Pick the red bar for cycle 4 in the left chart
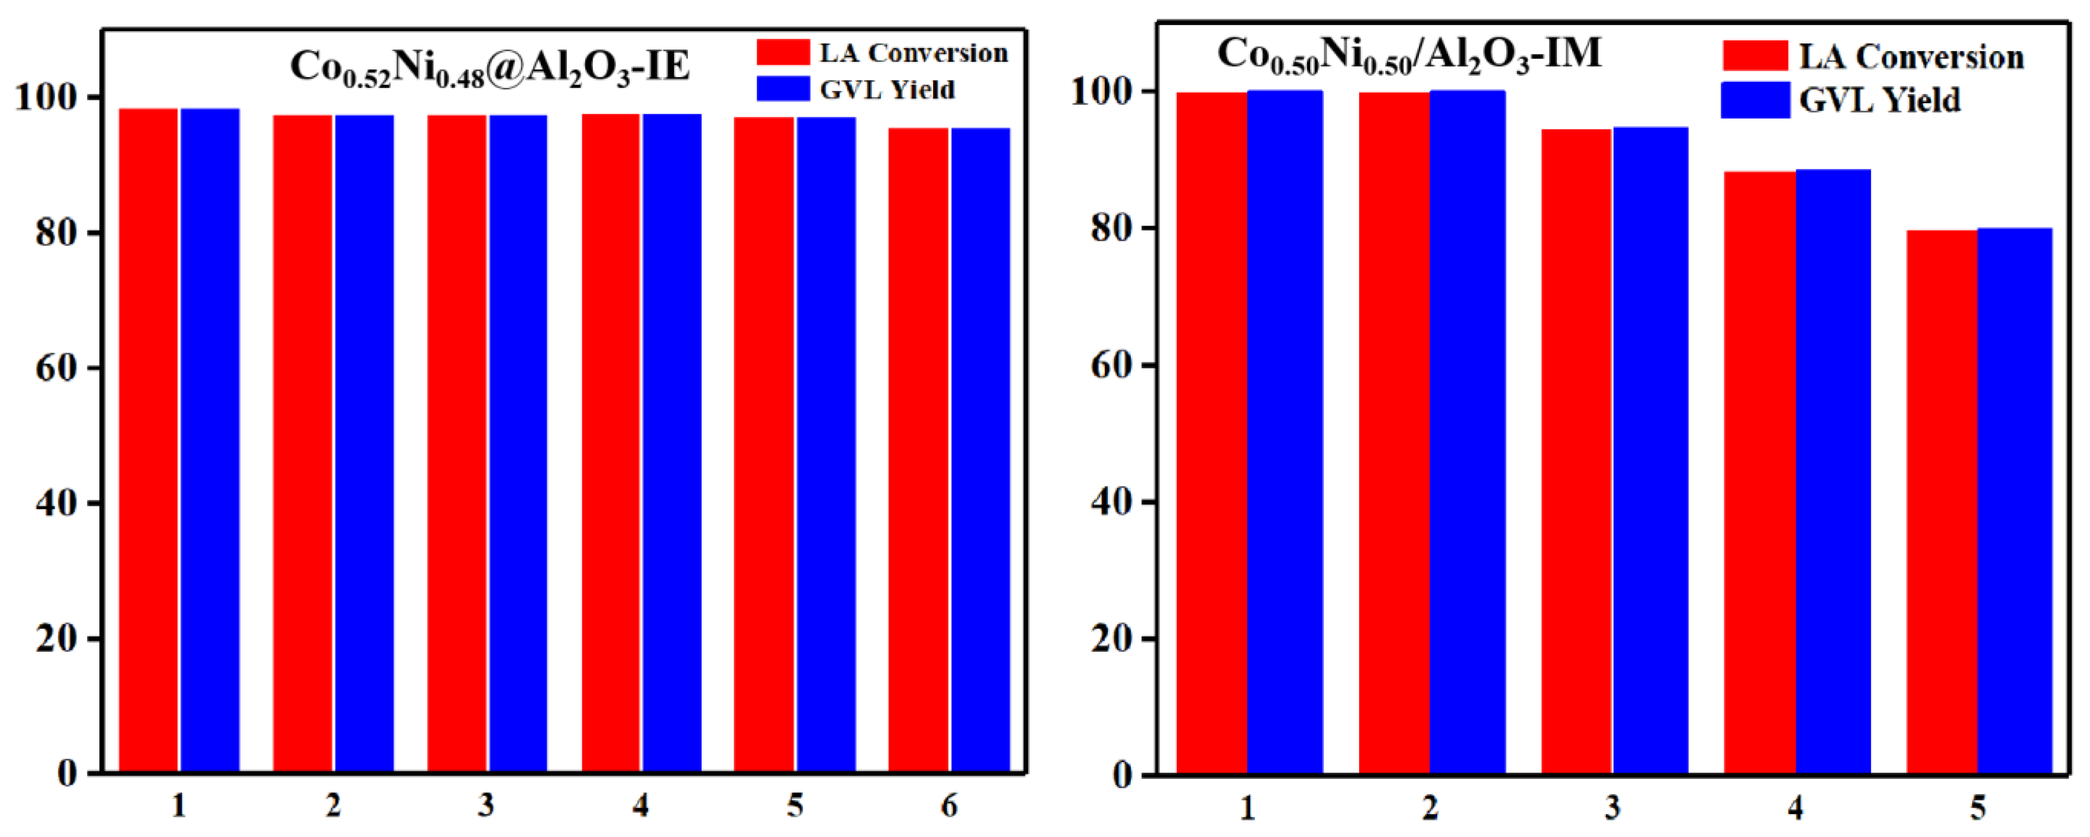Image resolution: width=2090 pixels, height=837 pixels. tap(611, 442)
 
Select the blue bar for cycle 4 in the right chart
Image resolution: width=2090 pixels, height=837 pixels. tap(1833, 471)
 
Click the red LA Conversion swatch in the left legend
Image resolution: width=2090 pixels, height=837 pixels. tap(783, 52)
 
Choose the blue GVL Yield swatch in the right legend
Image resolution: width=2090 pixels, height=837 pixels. tap(1755, 100)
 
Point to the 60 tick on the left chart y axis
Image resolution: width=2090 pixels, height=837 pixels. tap(57, 368)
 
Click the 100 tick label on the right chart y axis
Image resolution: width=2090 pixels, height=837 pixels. tap(1101, 91)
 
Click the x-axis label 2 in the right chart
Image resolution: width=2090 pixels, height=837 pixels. tap(1430, 808)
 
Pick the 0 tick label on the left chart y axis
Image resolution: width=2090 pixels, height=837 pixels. tap(67, 773)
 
